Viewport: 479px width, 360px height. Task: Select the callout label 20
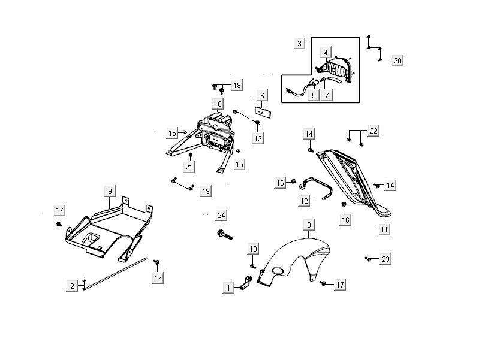tap(398, 60)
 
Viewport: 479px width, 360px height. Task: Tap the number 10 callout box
tap(218, 104)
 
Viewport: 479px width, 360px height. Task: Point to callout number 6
tap(261, 96)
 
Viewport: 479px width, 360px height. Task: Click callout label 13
tap(258, 138)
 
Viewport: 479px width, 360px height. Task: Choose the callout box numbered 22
tap(373, 131)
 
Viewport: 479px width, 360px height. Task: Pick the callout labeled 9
tap(110, 191)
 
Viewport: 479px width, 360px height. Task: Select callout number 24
tap(221, 216)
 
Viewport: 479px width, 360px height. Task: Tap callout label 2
tap(72, 286)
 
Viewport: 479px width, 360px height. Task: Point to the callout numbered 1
tap(228, 288)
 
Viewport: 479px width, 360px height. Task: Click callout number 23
tap(385, 259)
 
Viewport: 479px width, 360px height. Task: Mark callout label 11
tap(384, 228)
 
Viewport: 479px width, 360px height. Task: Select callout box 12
tap(305, 201)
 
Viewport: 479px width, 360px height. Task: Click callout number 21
tap(188, 167)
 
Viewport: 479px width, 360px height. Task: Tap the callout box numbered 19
tap(205, 191)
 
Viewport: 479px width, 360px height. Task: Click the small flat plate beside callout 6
tap(261, 111)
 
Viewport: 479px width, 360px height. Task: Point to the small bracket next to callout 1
tap(245, 285)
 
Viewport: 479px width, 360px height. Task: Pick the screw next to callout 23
tap(367, 259)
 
